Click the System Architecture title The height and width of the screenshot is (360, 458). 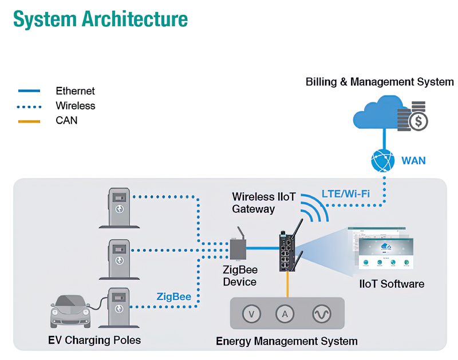coord(100,18)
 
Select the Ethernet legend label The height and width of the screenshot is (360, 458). coord(75,91)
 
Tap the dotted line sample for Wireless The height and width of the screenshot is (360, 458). coord(29,106)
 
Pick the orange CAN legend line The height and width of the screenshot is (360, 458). coord(29,121)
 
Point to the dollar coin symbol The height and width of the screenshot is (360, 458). coord(419,121)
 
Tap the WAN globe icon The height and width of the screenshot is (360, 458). coord(383,160)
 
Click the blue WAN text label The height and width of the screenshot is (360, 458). coord(413,160)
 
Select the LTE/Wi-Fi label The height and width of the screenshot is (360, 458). coord(345,193)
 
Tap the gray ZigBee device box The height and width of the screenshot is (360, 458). coord(239,248)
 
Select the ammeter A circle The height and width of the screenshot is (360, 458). coord(285,314)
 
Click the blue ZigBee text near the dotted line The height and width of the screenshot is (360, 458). coord(174,296)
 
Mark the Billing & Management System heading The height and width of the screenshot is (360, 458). coord(380,82)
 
